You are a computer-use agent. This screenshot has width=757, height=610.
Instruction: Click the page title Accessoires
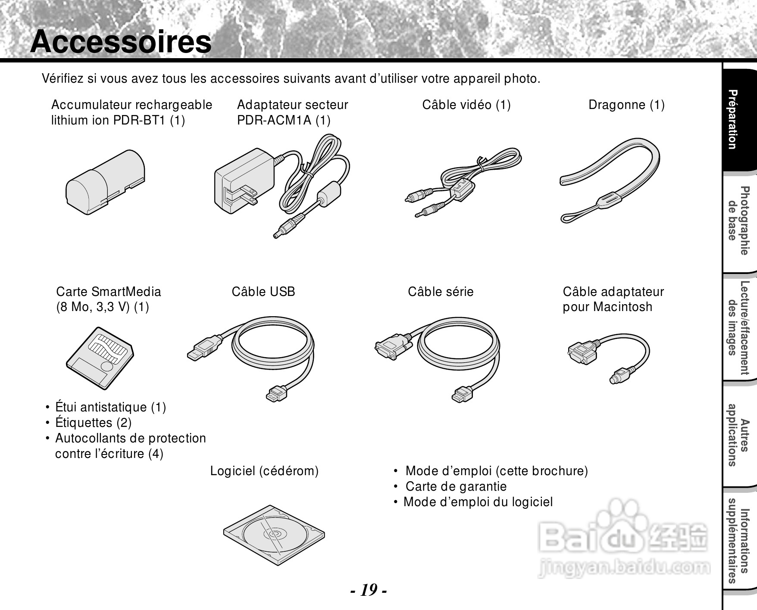(121, 42)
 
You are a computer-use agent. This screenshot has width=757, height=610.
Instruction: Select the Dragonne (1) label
(626, 105)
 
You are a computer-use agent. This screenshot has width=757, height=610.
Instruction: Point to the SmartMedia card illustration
(100, 358)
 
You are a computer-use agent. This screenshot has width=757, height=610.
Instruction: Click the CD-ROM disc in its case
(274, 534)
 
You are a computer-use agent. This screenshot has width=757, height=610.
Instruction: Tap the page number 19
(369, 589)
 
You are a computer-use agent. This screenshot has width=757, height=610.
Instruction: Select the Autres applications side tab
(738, 435)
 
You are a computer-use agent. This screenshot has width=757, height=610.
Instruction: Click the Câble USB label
(263, 292)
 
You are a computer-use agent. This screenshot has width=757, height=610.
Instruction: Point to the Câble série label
(441, 292)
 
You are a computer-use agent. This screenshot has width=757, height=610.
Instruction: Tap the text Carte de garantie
(456, 486)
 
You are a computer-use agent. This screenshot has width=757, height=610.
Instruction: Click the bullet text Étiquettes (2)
(93, 423)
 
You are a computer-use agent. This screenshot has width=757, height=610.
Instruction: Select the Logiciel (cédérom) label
(264, 471)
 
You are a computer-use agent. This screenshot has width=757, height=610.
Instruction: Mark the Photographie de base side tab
(738, 220)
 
